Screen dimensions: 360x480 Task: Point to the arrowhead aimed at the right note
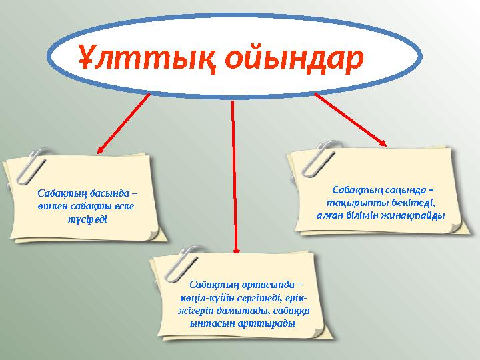coord(381,141)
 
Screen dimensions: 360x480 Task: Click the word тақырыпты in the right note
coord(353,203)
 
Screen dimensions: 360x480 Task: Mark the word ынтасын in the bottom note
coord(210,323)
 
